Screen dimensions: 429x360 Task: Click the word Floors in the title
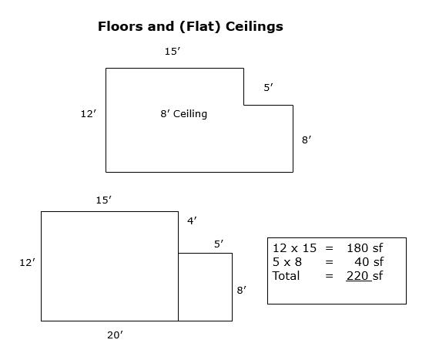[x=121, y=26]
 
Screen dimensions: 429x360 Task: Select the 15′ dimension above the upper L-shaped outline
[x=173, y=52]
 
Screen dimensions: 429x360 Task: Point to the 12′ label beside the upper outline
[x=89, y=114]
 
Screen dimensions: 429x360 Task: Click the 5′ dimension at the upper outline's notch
[x=268, y=88]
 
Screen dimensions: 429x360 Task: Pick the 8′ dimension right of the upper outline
[x=307, y=140]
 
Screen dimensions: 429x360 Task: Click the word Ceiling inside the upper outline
[x=190, y=114]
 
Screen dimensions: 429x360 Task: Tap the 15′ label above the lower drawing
[x=104, y=200]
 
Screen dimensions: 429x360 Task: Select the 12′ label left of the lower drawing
[x=28, y=263]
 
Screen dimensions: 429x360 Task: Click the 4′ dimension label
[x=192, y=221]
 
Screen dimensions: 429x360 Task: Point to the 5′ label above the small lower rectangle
[x=219, y=244]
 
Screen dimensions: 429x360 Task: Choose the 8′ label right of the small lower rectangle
[x=242, y=290]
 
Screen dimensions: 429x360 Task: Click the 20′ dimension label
[x=115, y=335]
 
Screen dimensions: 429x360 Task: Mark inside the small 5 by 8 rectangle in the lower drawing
[x=205, y=288]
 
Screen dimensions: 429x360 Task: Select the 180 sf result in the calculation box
[x=365, y=248]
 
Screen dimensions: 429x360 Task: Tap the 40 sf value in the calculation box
[x=369, y=262]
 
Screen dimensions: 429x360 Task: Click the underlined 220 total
[x=357, y=276]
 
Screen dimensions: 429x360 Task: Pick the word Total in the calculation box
[x=287, y=276]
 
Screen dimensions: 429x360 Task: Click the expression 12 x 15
[x=295, y=248]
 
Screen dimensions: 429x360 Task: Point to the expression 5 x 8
[x=287, y=262]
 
